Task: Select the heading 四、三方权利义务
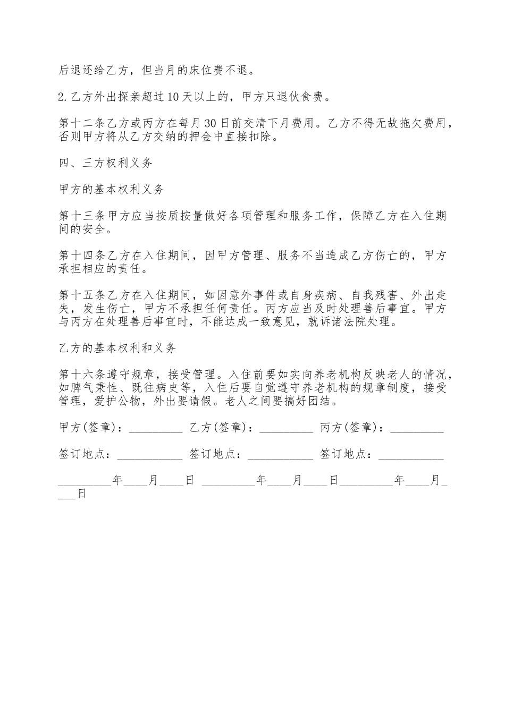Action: [106, 163]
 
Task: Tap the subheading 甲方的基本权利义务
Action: [112, 190]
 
